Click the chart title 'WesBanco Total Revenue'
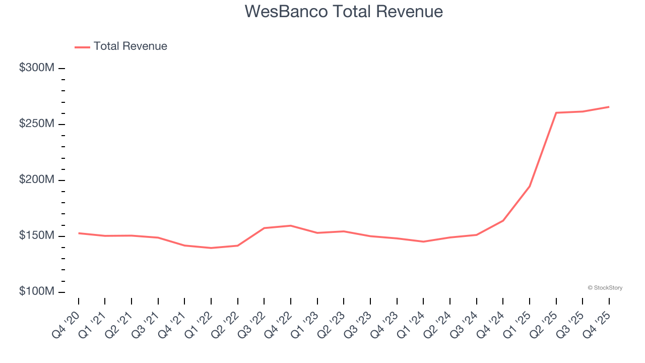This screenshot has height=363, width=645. coord(344,12)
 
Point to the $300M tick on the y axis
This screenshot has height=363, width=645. coord(62,68)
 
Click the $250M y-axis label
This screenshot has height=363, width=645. coord(36,124)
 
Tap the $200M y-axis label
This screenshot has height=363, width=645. coord(36,180)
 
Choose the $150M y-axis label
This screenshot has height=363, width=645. coord(36,236)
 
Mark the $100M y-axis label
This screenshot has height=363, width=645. coord(36,292)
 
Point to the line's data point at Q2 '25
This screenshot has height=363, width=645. coord(556,112)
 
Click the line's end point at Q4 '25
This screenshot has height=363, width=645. coord(609,107)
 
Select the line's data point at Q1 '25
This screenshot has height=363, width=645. coord(530,186)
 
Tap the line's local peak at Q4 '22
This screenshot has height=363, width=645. coord(291,225)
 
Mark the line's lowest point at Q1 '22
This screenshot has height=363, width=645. coord(211,248)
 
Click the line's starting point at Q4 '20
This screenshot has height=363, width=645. coord(79,233)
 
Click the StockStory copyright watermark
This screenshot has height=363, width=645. coord(605,288)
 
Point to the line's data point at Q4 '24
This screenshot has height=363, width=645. coord(503,220)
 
